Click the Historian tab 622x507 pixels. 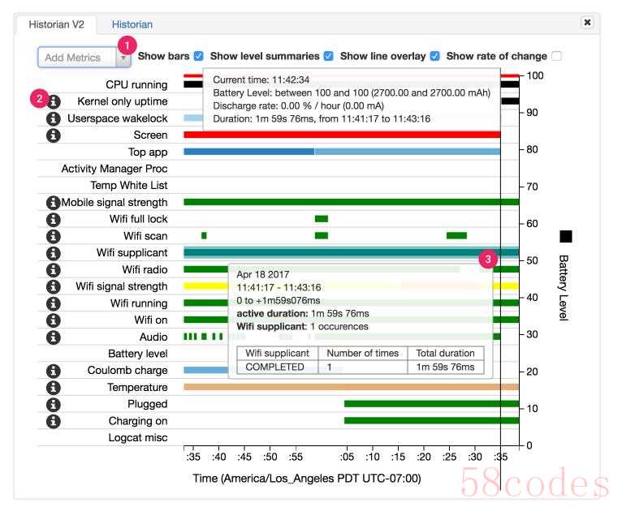(132, 24)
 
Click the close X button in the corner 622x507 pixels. (587, 23)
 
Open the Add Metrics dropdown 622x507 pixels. (84, 58)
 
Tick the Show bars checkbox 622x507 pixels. (199, 56)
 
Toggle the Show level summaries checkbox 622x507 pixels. (329, 56)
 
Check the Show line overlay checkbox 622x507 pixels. (435, 56)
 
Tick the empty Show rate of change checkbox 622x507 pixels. (556, 56)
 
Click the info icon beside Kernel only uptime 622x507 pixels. (54, 101)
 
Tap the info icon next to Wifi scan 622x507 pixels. (54, 236)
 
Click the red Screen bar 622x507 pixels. (341, 135)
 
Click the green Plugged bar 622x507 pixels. (430, 403)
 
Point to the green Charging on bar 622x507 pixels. (430, 420)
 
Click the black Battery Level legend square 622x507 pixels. (566, 236)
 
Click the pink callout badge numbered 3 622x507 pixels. (487, 260)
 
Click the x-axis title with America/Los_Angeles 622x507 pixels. (307, 479)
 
